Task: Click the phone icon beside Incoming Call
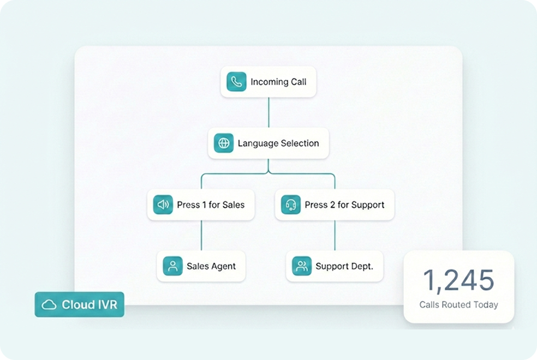pyautogui.click(x=236, y=82)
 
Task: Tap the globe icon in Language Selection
pyautogui.click(x=223, y=143)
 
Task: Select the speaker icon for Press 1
pyautogui.click(x=163, y=205)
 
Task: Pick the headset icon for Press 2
pyautogui.click(x=291, y=205)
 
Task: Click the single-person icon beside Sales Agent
pyautogui.click(x=172, y=266)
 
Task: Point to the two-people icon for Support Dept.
pyautogui.click(x=301, y=266)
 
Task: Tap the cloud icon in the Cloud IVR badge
pyautogui.click(x=50, y=304)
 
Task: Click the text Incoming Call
pyautogui.click(x=278, y=82)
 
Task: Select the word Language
pyautogui.click(x=258, y=143)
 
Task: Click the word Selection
pyautogui.click(x=300, y=143)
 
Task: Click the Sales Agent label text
pyautogui.click(x=211, y=266)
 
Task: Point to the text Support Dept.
pyautogui.click(x=344, y=266)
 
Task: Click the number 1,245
pyautogui.click(x=458, y=280)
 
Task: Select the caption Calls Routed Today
pyautogui.click(x=458, y=305)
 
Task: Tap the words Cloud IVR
pyautogui.click(x=89, y=304)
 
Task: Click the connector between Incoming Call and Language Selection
pyautogui.click(x=268, y=112)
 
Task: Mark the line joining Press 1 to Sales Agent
pyautogui.click(x=201, y=236)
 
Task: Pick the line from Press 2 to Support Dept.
pyautogui.click(x=335, y=236)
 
